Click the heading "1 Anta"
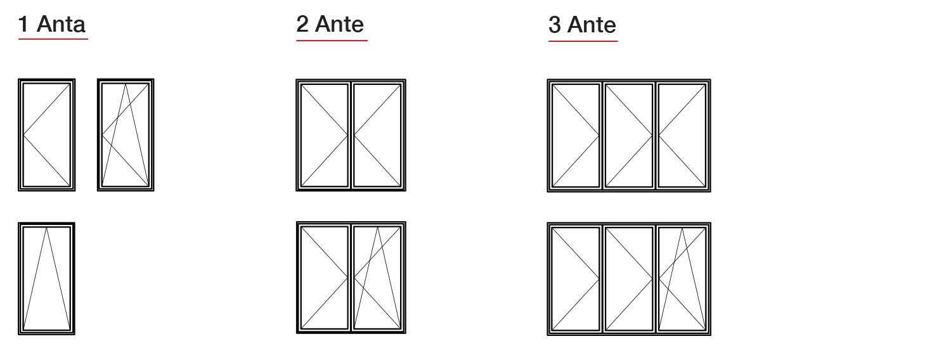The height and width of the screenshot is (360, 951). [x=52, y=25]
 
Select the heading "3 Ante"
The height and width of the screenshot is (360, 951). [x=582, y=25]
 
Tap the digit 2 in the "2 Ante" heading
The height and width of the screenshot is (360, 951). [x=302, y=24]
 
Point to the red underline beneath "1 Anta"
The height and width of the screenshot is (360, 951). [x=53, y=39]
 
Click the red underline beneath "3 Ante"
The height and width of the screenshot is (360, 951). [x=583, y=41]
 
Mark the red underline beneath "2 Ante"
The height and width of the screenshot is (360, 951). [x=332, y=41]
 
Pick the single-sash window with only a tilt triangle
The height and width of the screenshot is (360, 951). [x=46, y=278]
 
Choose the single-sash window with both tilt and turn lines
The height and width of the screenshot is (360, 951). [x=126, y=135]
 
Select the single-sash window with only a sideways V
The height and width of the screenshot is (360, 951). [x=46, y=135]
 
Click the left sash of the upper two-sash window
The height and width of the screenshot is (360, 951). [x=324, y=135]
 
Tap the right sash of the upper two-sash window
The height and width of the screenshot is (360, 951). [x=378, y=135]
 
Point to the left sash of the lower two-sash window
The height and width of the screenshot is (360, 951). [x=324, y=278]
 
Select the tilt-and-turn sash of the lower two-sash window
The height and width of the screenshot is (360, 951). [x=378, y=278]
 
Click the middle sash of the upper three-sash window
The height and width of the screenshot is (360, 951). [x=629, y=135]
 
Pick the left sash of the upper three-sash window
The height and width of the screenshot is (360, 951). [x=576, y=135]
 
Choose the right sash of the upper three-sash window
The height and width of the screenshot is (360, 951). [x=682, y=135]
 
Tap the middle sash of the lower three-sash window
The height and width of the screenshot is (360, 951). [x=629, y=278]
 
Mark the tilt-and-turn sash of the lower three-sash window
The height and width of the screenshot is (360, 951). [x=682, y=278]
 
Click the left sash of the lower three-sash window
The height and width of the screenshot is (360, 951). [x=576, y=278]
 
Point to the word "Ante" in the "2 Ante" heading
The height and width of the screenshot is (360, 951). [x=340, y=24]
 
